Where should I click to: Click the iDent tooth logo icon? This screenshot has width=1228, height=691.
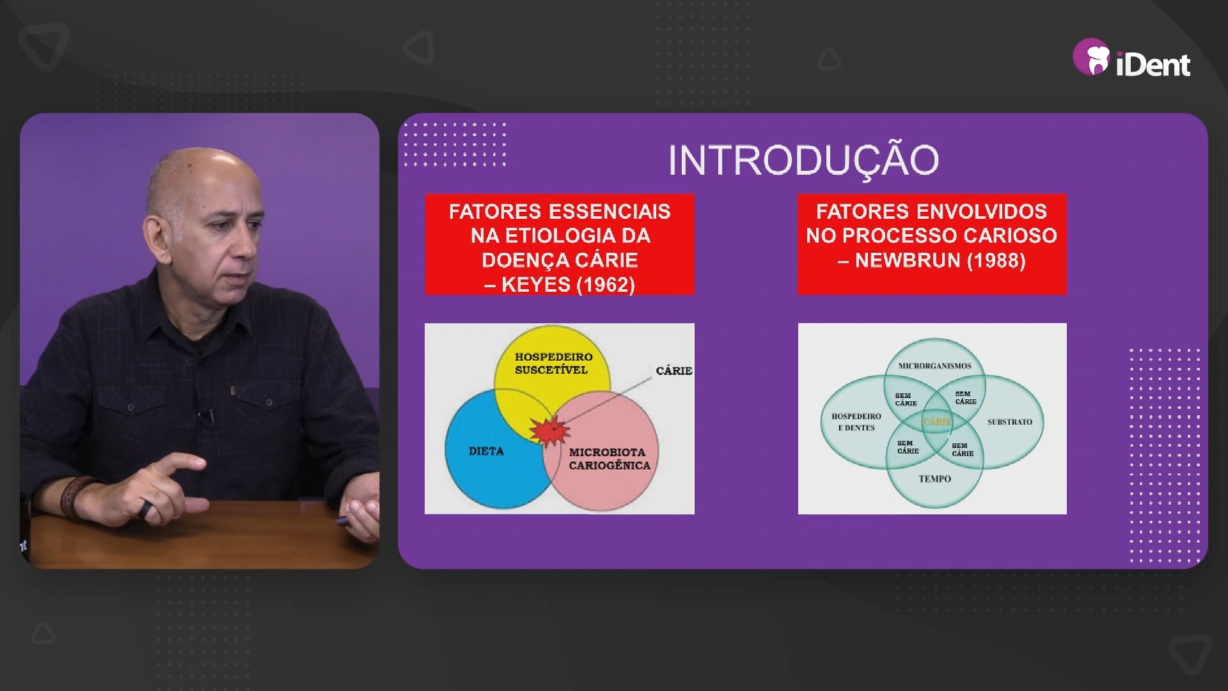tap(1091, 56)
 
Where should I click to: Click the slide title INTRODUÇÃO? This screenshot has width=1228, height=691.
tap(803, 161)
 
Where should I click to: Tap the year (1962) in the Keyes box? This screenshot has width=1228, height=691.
tap(605, 285)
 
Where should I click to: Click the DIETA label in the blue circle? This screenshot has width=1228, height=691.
tap(486, 451)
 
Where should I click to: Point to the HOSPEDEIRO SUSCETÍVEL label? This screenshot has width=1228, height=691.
tap(553, 363)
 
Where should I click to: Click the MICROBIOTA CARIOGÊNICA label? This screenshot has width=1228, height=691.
tap(609, 459)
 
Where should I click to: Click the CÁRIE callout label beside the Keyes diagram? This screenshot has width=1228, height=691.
tap(674, 371)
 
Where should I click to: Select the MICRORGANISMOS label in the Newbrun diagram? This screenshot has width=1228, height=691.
tap(934, 366)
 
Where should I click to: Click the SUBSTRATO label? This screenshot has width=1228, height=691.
tap(1010, 422)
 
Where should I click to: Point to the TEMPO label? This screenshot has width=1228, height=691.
tap(934, 479)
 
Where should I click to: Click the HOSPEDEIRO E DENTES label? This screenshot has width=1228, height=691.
tap(856, 422)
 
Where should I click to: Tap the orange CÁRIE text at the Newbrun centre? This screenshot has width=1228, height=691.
tap(936, 422)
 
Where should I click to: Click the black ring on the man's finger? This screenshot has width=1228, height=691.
tap(146, 509)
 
